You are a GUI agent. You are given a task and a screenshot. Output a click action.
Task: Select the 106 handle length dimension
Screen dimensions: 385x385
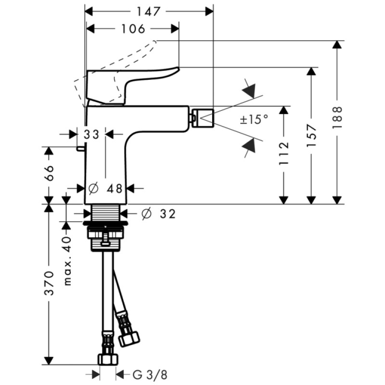(x=133, y=29)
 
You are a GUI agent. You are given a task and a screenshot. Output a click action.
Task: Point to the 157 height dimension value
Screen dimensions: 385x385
(x=312, y=135)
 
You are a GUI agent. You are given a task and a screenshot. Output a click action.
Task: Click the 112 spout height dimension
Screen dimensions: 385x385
(x=284, y=153)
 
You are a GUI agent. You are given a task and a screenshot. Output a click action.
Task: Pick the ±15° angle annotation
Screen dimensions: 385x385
(x=254, y=119)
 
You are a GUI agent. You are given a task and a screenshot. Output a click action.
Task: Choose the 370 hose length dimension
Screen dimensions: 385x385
(x=48, y=284)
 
